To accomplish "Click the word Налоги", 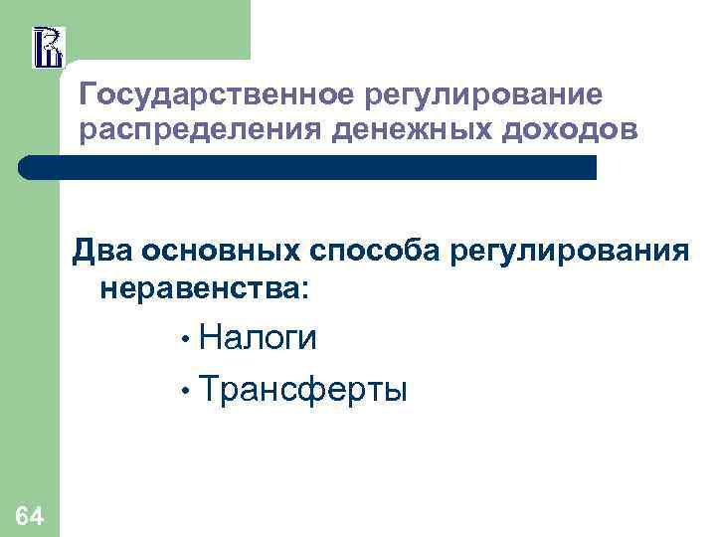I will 259,338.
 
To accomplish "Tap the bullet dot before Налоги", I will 185,339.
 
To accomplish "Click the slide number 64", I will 29,515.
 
